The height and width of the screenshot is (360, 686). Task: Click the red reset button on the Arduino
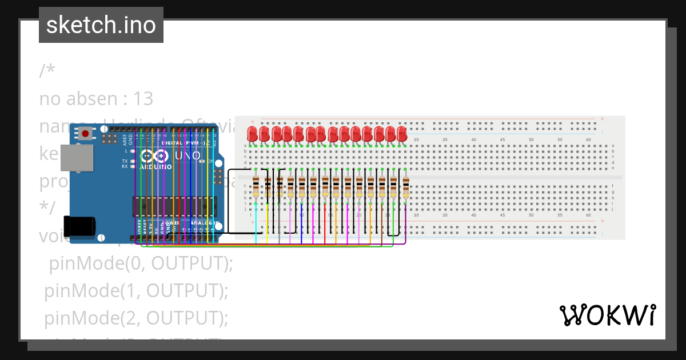click(86, 134)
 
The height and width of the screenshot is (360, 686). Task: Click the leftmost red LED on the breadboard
click(252, 134)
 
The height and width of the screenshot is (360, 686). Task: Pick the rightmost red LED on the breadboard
click(401, 134)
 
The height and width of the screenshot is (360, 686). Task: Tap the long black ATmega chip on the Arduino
click(174, 206)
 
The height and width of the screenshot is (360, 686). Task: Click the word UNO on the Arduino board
click(188, 155)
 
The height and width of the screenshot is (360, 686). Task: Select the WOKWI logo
click(607, 315)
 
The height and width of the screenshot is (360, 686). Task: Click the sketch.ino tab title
click(101, 25)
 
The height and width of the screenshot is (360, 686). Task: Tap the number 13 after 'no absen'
click(143, 99)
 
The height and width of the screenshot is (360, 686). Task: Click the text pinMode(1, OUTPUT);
click(136, 290)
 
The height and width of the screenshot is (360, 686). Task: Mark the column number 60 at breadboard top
click(588, 140)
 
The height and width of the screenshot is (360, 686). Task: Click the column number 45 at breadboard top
click(502, 140)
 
